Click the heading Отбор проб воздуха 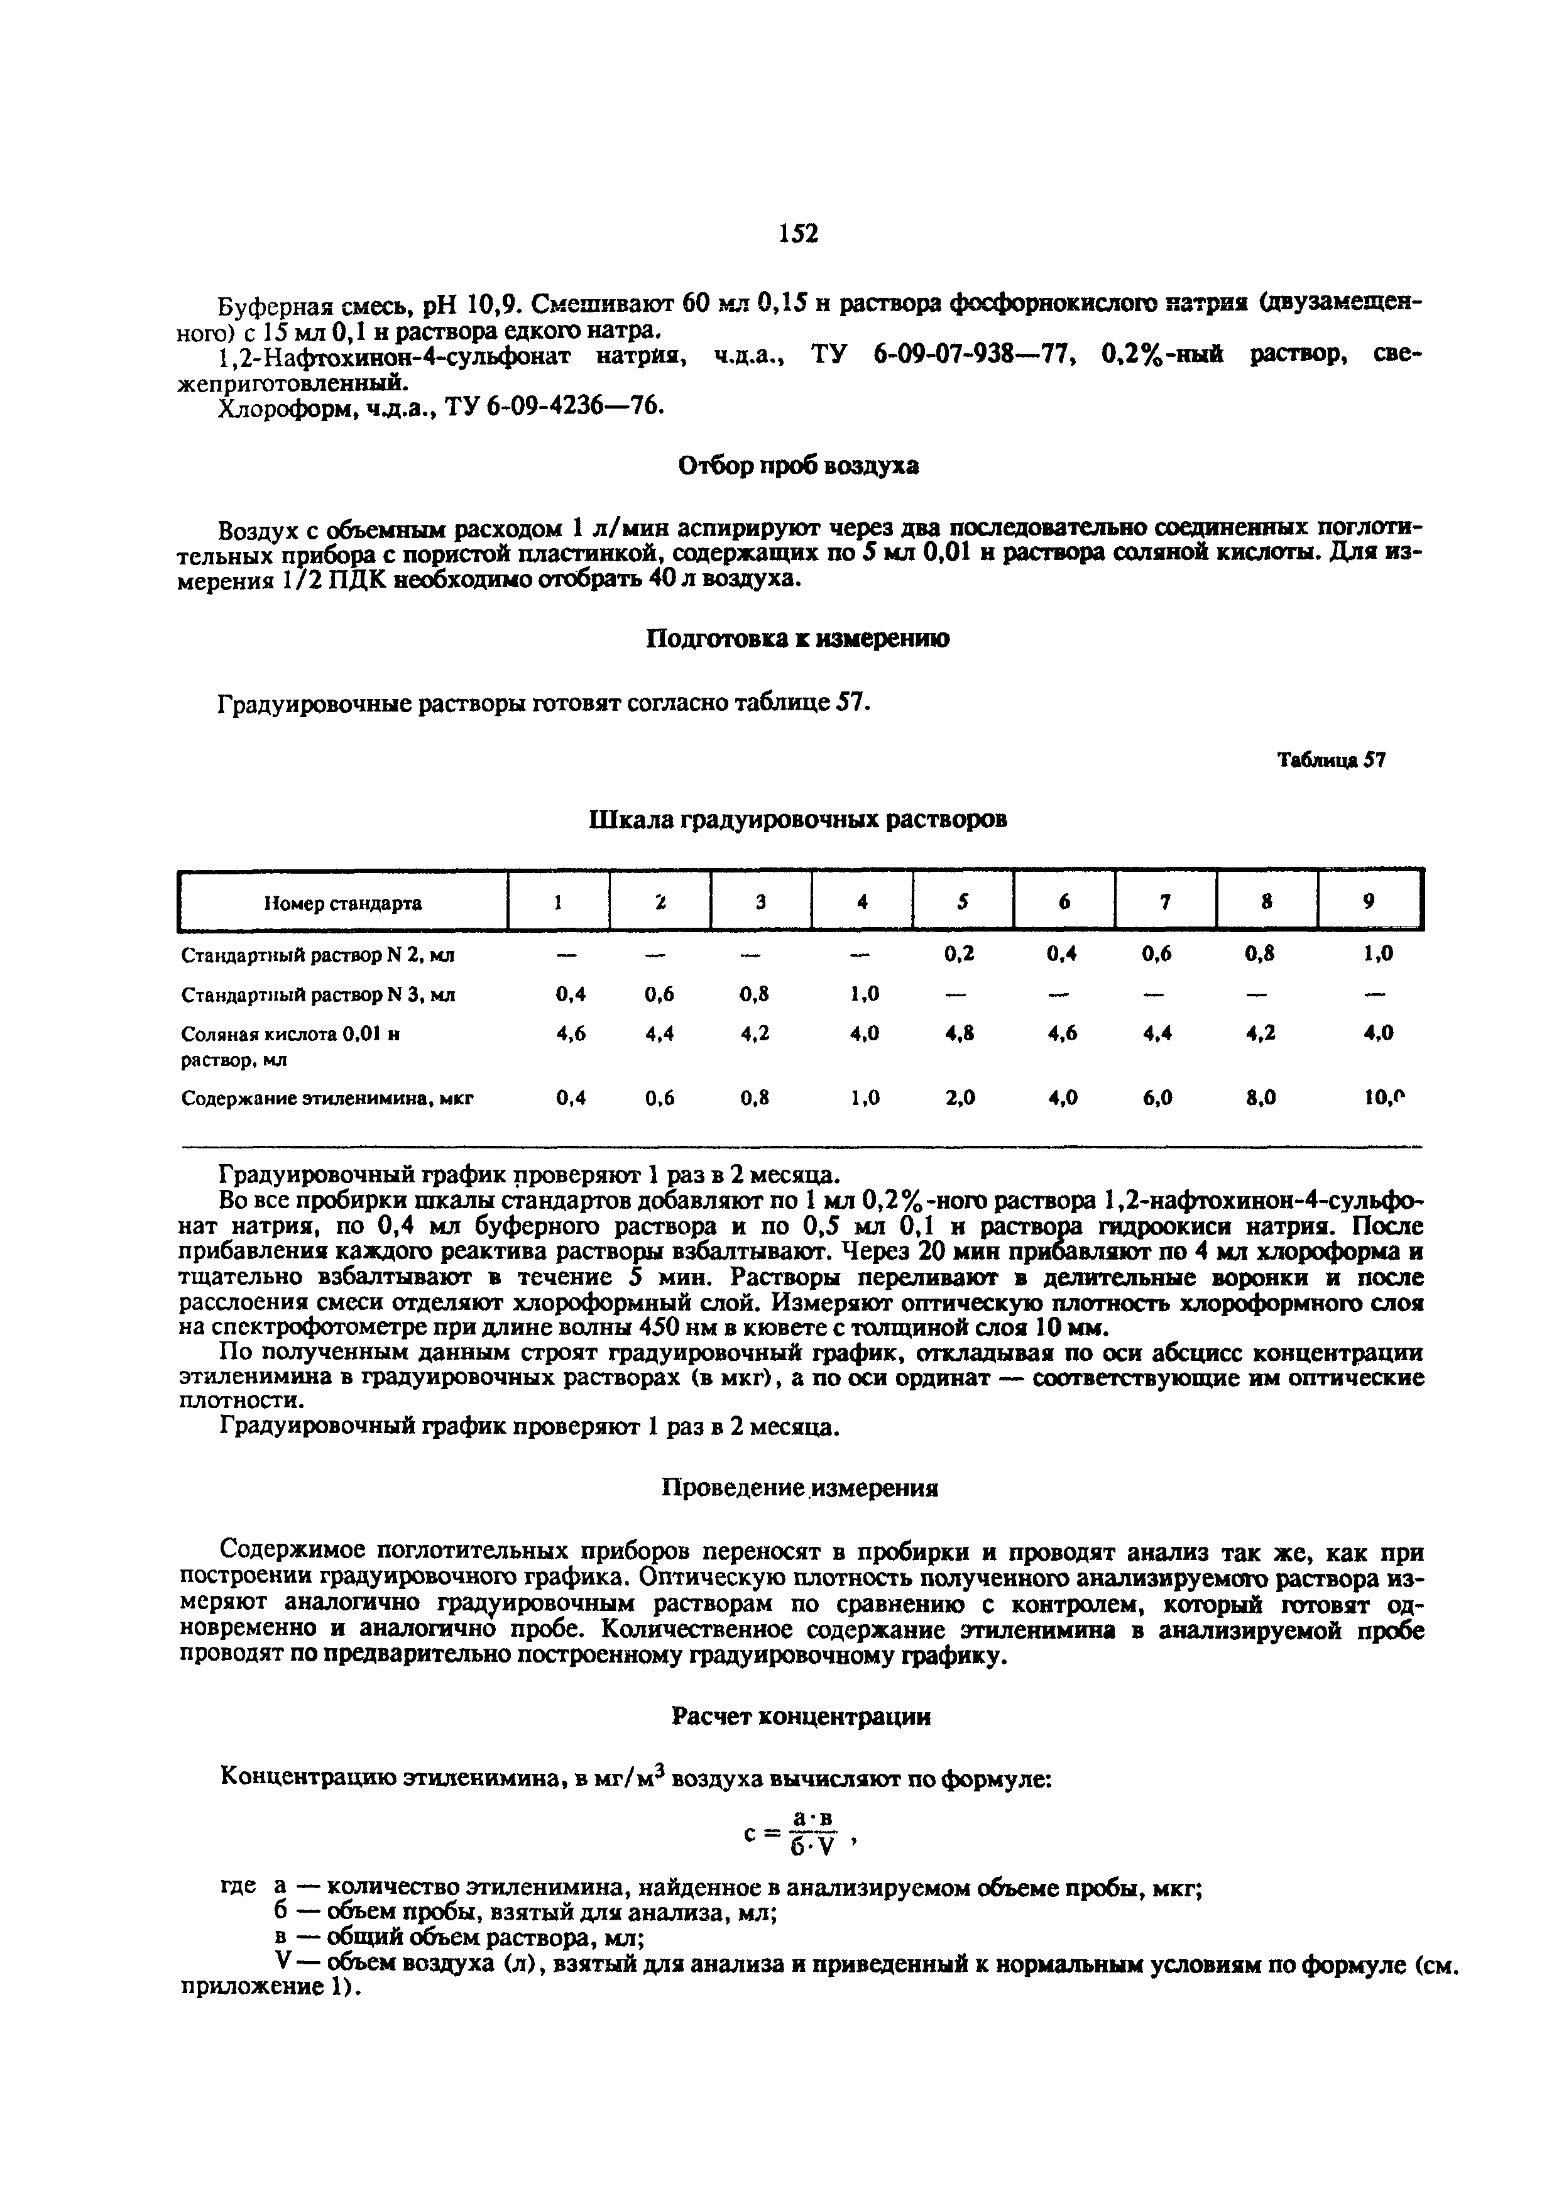coord(798,466)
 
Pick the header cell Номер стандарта coord(342,903)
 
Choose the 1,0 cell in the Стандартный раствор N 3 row coord(864,995)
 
